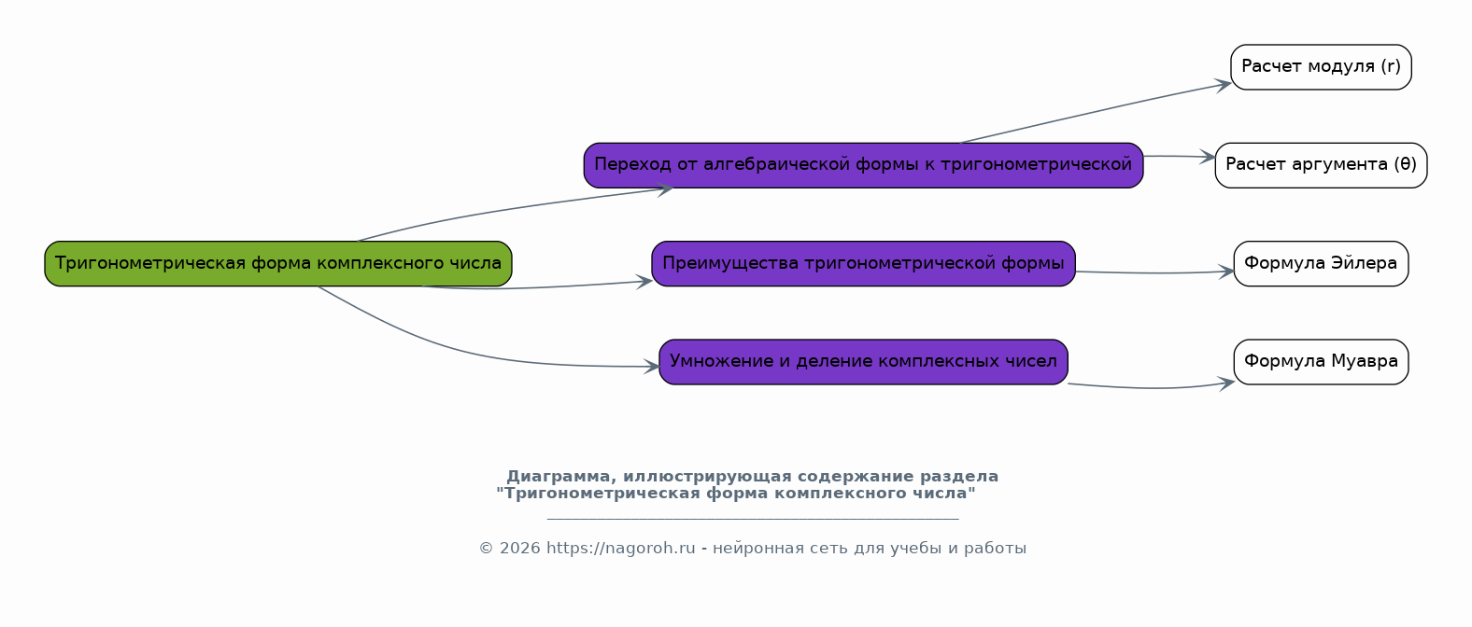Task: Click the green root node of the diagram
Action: pos(278,263)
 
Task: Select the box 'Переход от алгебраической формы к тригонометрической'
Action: pos(863,165)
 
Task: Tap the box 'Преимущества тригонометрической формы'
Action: pos(863,263)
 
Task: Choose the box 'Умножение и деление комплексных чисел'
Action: pos(863,362)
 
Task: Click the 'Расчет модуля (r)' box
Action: pos(1321,67)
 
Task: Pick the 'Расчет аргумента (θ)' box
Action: pos(1321,165)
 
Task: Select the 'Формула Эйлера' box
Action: pos(1321,263)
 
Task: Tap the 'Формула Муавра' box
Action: pos(1321,362)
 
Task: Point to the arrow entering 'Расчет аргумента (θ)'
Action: pos(1180,156)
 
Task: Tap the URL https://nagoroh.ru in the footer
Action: pos(620,549)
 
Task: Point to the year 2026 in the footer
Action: pos(520,549)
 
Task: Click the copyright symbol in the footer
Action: pos(486,549)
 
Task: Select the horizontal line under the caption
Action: pos(753,520)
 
